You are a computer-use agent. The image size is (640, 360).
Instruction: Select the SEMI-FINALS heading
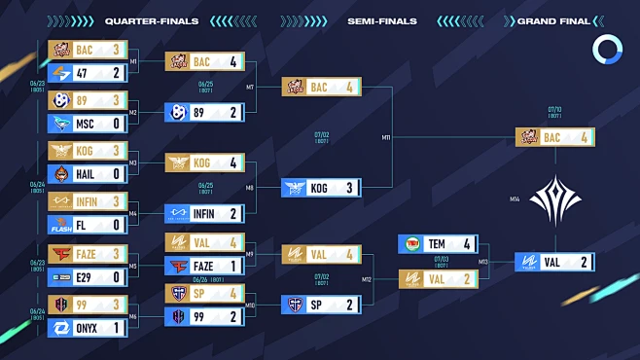[381, 20]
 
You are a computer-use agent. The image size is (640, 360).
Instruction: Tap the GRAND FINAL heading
[551, 20]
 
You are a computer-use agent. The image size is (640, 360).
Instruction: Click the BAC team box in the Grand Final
[554, 138]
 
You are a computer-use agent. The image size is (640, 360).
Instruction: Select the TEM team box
[438, 244]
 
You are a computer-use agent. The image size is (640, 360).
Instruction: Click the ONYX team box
[88, 328]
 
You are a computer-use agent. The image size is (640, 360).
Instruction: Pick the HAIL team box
[88, 173]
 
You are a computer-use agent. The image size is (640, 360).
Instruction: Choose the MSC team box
[88, 124]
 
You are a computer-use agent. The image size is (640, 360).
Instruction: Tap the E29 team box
[88, 277]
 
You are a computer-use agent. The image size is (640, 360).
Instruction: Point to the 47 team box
[88, 72]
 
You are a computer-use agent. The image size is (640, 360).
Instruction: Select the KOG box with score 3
[321, 188]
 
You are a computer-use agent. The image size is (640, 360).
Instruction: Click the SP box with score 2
[321, 304]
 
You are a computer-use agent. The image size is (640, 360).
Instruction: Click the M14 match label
[514, 200]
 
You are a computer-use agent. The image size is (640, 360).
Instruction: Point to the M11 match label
[386, 138]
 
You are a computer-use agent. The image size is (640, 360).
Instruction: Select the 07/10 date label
[554, 109]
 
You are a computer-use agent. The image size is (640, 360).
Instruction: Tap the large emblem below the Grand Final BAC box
[554, 200]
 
